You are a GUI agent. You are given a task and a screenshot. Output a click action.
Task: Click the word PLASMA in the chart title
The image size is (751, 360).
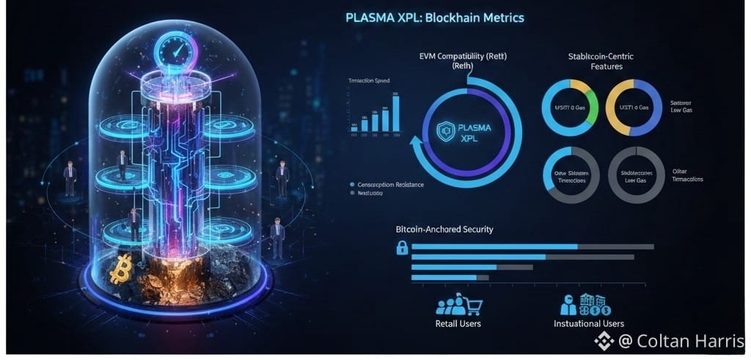[x=374, y=17]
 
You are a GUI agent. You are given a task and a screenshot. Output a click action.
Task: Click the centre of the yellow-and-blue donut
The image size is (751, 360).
[x=637, y=109]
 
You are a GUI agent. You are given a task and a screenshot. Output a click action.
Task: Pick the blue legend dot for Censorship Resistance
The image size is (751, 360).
[x=353, y=185]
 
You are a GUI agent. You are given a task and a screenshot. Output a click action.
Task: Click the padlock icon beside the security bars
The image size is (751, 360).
[x=402, y=248]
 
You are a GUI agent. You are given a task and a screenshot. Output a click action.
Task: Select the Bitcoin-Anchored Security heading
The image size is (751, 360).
[x=444, y=229]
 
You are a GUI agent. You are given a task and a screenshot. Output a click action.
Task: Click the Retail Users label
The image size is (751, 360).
[x=458, y=323]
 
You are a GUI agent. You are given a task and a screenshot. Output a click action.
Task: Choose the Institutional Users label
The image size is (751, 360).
[x=589, y=323]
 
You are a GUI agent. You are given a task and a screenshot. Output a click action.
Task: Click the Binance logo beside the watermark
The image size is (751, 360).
[x=604, y=341]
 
